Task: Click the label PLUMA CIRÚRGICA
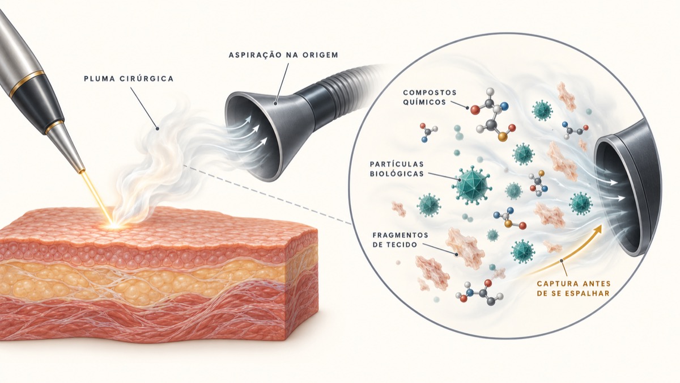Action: pos(129,79)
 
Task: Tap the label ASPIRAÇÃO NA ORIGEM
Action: pos(283,55)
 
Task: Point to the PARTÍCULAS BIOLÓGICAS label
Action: pos(397,169)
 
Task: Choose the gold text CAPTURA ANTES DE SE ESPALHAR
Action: pos(573,288)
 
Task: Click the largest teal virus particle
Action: pos(471,185)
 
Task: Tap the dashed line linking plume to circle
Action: pos(267,195)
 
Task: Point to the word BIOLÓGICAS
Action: pos(397,173)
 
